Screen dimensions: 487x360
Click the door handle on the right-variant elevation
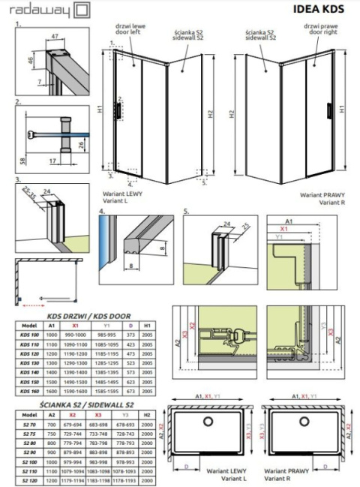coord(328,111)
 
